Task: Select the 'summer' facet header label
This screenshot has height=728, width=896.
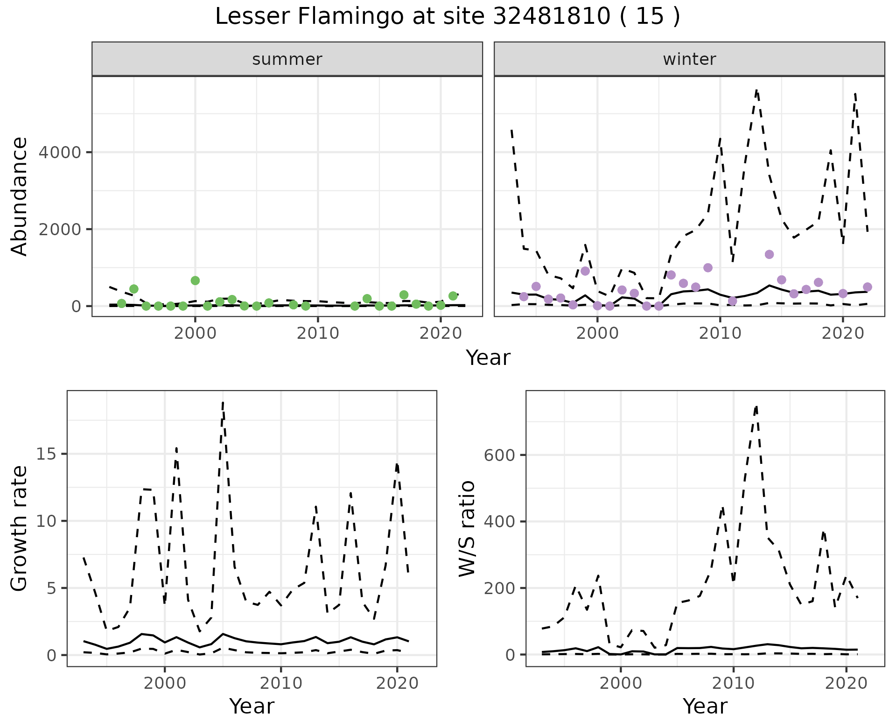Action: click(x=287, y=59)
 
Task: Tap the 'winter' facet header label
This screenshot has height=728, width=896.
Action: click(x=689, y=59)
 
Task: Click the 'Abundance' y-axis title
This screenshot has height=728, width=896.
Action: click(x=20, y=196)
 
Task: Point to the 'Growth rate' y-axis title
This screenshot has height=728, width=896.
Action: click(x=20, y=528)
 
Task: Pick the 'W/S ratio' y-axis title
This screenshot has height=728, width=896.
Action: click(x=467, y=528)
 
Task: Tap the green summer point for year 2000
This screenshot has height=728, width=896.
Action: click(x=195, y=280)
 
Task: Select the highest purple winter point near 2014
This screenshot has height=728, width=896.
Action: click(x=770, y=254)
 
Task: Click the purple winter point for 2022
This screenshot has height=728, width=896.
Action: click(x=868, y=287)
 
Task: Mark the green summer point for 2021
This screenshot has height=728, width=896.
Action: click(x=453, y=296)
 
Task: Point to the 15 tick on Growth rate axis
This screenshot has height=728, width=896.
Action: click(x=49, y=454)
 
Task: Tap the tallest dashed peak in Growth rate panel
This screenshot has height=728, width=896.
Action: click(x=223, y=402)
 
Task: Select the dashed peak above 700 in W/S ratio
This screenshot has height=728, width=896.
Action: click(x=756, y=406)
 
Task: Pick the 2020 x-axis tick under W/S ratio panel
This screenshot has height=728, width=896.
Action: click(x=846, y=683)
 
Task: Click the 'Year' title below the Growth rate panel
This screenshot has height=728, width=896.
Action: click(x=252, y=706)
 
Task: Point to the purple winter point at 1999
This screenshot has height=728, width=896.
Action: click(x=585, y=271)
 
